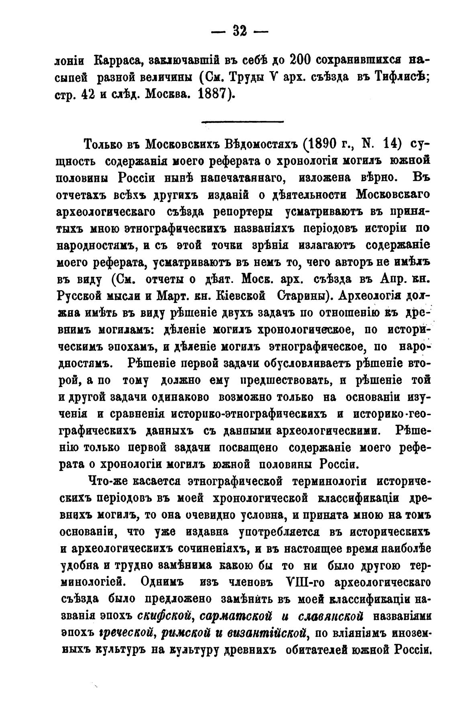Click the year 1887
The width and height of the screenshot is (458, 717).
click(x=213, y=94)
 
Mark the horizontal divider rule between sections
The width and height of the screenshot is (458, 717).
click(x=242, y=122)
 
